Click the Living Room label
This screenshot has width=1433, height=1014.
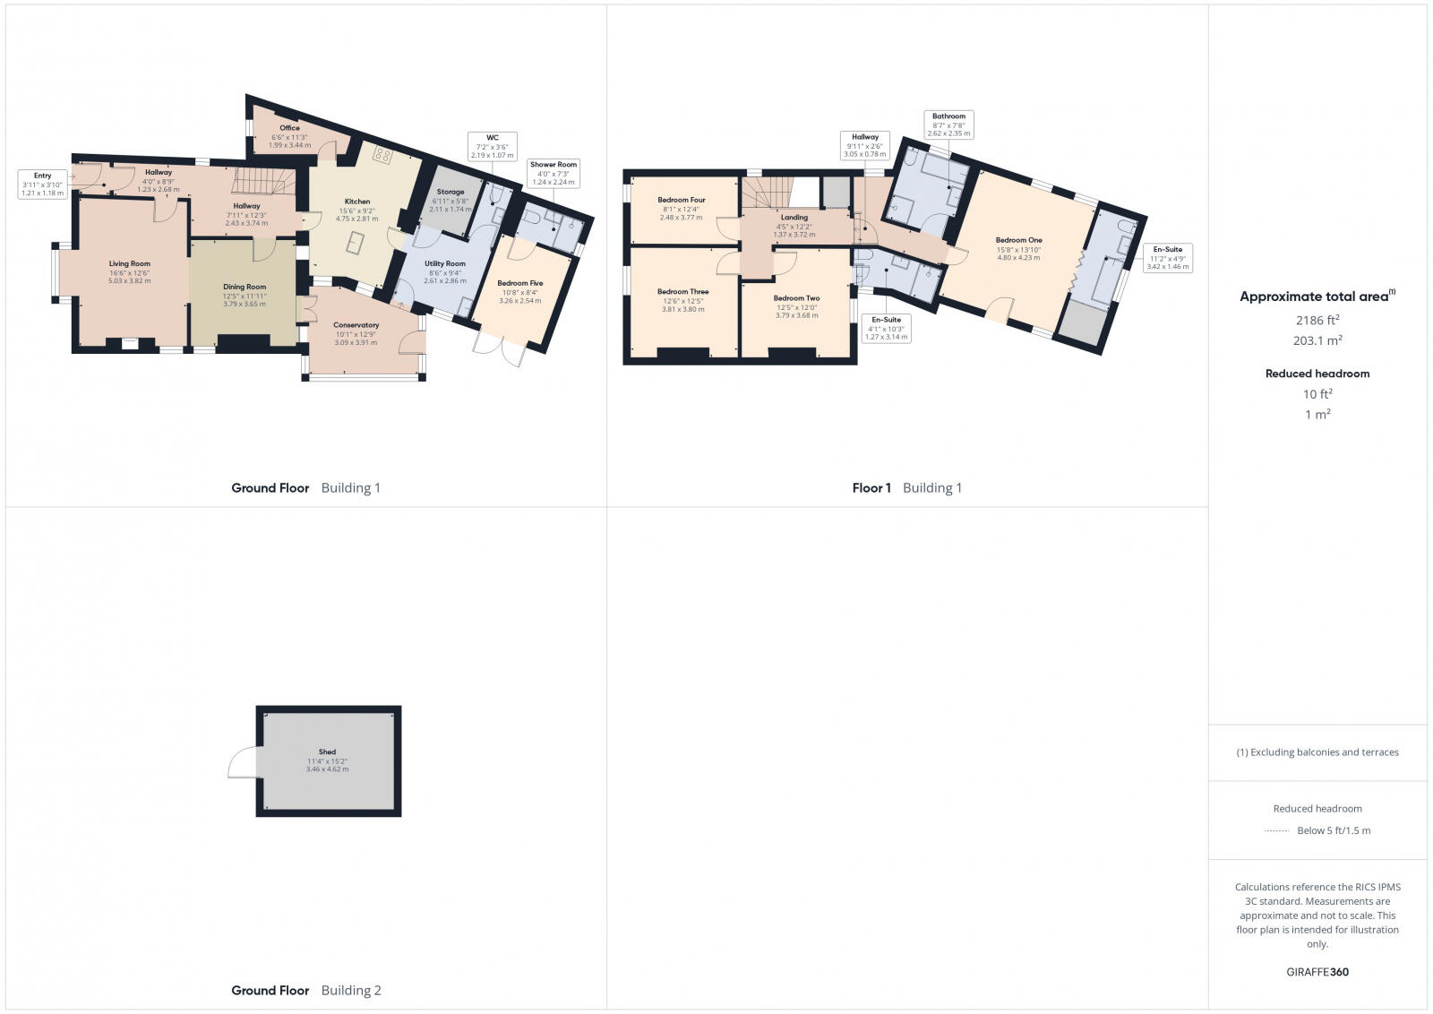(x=130, y=264)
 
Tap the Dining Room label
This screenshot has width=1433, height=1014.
(x=245, y=288)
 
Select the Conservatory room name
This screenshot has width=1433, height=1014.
(x=356, y=325)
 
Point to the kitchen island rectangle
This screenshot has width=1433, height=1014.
(x=356, y=243)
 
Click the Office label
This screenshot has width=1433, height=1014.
(x=289, y=128)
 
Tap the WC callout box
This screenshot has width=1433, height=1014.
(x=493, y=146)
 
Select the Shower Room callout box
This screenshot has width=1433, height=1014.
(x=553, y=173)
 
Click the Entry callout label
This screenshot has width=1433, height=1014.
(x=43, y=184)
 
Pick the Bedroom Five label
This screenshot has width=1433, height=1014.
(x=520, y=283)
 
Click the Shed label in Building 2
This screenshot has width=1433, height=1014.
(x=327, y=752)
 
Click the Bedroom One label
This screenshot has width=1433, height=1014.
(x=1018, y=240)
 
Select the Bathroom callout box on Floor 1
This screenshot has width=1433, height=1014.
(x=948, y=125)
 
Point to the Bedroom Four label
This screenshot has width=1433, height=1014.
(x=682, y=200)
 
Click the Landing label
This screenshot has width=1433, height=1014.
(x=794, y=217)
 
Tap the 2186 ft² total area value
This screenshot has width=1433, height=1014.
(x=1317, y=320)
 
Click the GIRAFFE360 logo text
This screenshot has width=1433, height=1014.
(x=1317, y=972)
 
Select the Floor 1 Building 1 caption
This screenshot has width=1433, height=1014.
(x=906, y=488)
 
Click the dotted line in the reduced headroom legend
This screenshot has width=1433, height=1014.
(x=1276, y=831)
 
